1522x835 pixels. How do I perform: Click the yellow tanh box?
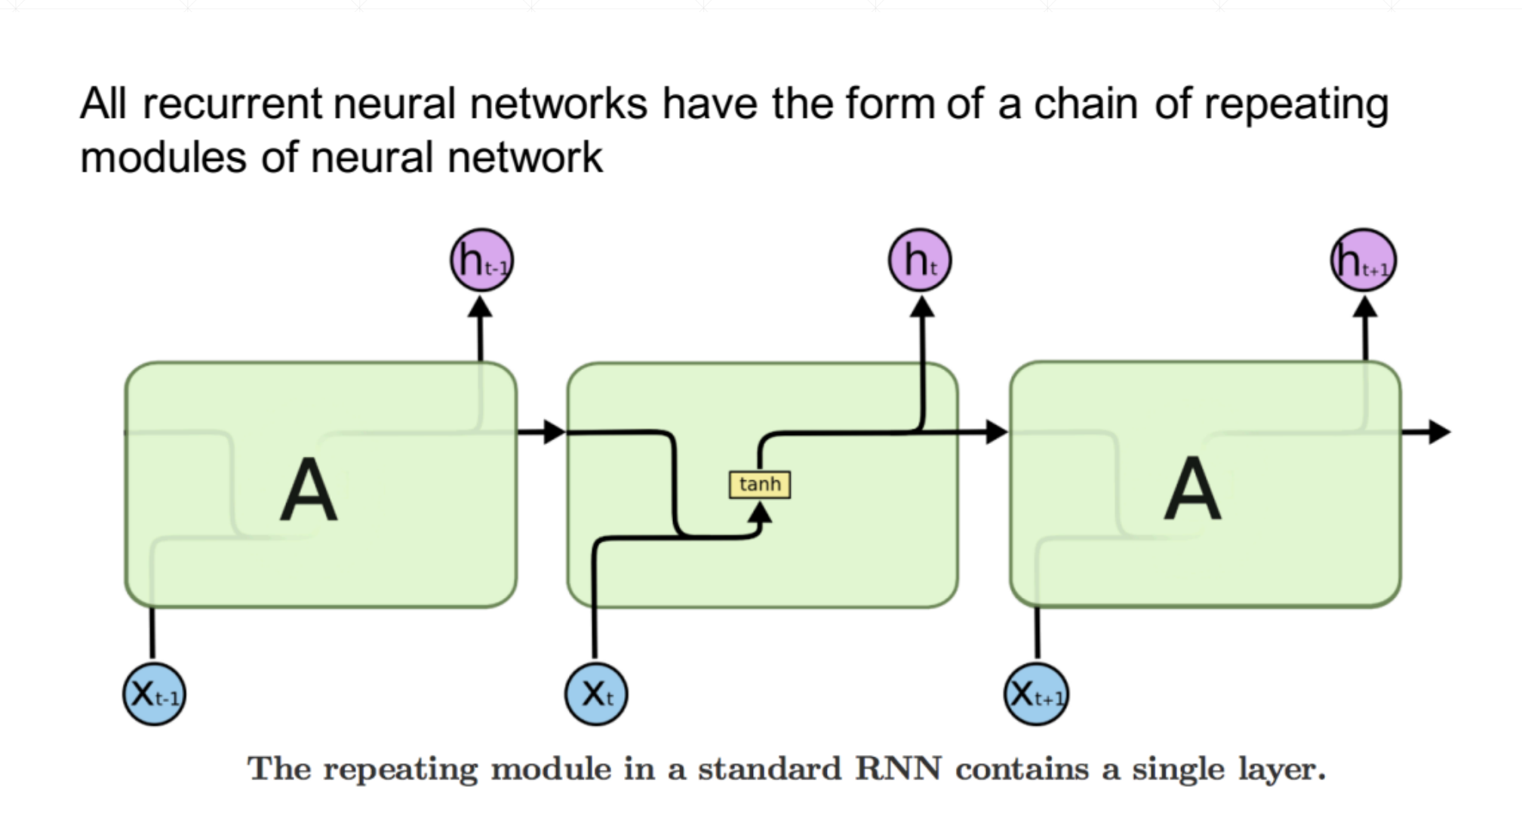coord(759,485)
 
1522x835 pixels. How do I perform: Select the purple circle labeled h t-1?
coord(481,260)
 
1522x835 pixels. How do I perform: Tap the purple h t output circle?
coord(920,260)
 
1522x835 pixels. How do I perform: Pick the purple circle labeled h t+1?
coord(1364,260)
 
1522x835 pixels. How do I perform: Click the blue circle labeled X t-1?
coord(154,694)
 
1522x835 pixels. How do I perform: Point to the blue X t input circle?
coord(596,694)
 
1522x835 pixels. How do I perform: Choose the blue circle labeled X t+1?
coord(1037,694)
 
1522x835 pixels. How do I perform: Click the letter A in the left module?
coord(309,491)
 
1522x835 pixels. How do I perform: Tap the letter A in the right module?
coord(1192,491)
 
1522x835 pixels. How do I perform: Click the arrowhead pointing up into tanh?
coord(760,513)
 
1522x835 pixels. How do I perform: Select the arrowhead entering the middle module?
coord(555,432)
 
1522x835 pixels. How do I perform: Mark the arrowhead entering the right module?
coord(997,432)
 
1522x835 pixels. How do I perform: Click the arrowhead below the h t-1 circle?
coord(480,307)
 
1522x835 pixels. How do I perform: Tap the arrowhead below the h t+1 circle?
coord(1364,307)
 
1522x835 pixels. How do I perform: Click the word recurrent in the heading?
coord(232,104)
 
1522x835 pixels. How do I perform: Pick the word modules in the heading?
coord(163,159)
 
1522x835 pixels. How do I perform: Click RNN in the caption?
coord(898,769)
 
